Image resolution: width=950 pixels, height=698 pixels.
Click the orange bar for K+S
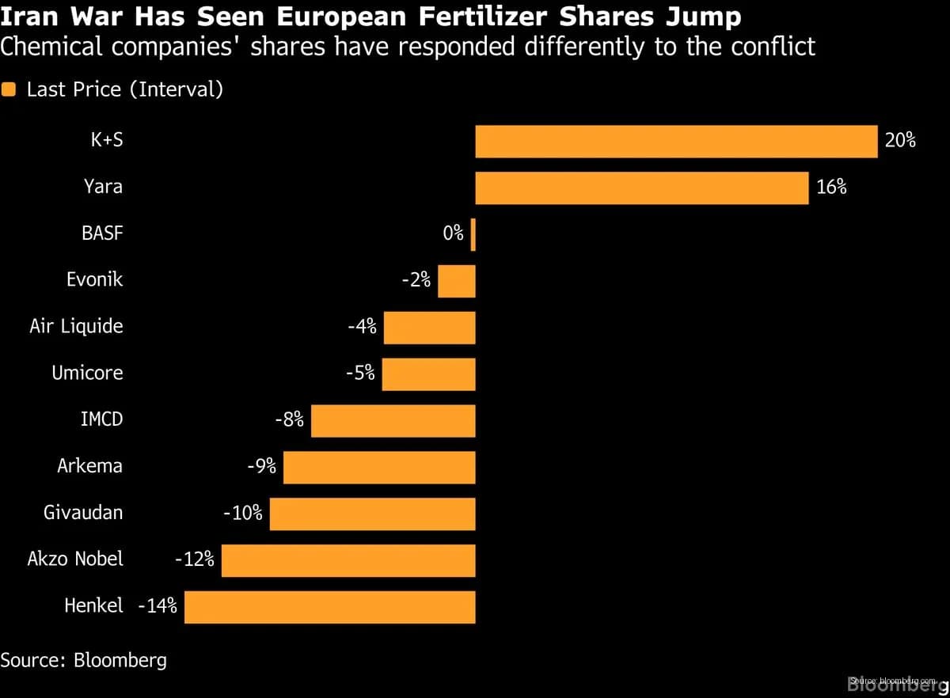tap(676, 142)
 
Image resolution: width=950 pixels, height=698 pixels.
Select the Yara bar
tap(641, 188)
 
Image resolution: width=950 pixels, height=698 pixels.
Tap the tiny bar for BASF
tap(473, 235)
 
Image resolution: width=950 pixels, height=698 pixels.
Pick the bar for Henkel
tap(329, 607)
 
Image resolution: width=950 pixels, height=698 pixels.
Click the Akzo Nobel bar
tap(348, 560)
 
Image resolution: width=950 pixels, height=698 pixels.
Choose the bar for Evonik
tap(456, 281)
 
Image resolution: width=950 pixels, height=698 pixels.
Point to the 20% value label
tap(900, 142)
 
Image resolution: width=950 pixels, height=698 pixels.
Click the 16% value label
tap(831, 188)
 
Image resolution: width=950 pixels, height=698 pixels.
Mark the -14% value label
tap(158, 607)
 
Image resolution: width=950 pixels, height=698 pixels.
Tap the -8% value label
tap(289, 420)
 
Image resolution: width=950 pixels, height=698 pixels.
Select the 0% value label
tap(453, 233)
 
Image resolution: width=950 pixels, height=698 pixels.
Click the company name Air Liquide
tap(76, 327)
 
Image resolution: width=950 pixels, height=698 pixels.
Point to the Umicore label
tap(87, 374)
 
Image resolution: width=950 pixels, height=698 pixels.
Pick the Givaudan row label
tap(83, 513)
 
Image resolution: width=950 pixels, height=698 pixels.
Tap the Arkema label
tap(89, 466)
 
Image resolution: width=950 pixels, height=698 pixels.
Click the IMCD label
tap(101, 419)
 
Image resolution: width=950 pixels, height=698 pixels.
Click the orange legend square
tap(9, 90)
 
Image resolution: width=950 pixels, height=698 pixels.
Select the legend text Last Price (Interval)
tap(124, 90)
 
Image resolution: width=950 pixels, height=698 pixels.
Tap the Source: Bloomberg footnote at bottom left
tap(83, 660)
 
